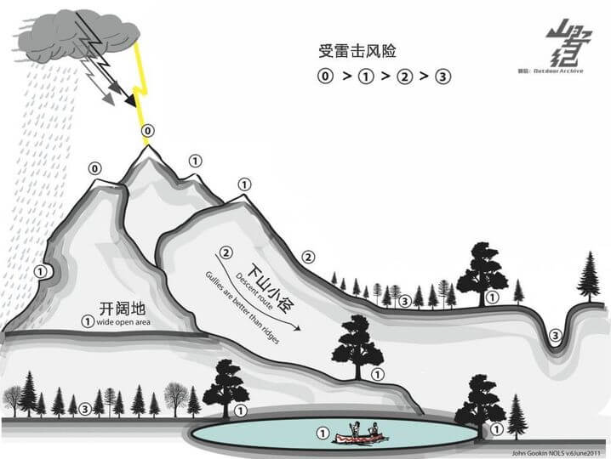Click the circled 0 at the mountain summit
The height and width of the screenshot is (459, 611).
point(149,132)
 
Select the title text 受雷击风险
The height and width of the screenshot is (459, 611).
point(351,51)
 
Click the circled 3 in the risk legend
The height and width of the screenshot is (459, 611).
point(443,76)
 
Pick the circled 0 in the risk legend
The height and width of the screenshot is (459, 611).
point(325,76)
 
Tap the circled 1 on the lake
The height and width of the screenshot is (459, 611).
point(322,433)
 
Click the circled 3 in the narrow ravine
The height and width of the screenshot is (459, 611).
point(555,337)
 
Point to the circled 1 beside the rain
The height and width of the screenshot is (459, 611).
point(39,271)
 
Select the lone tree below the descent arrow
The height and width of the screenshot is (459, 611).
point(357,344)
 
